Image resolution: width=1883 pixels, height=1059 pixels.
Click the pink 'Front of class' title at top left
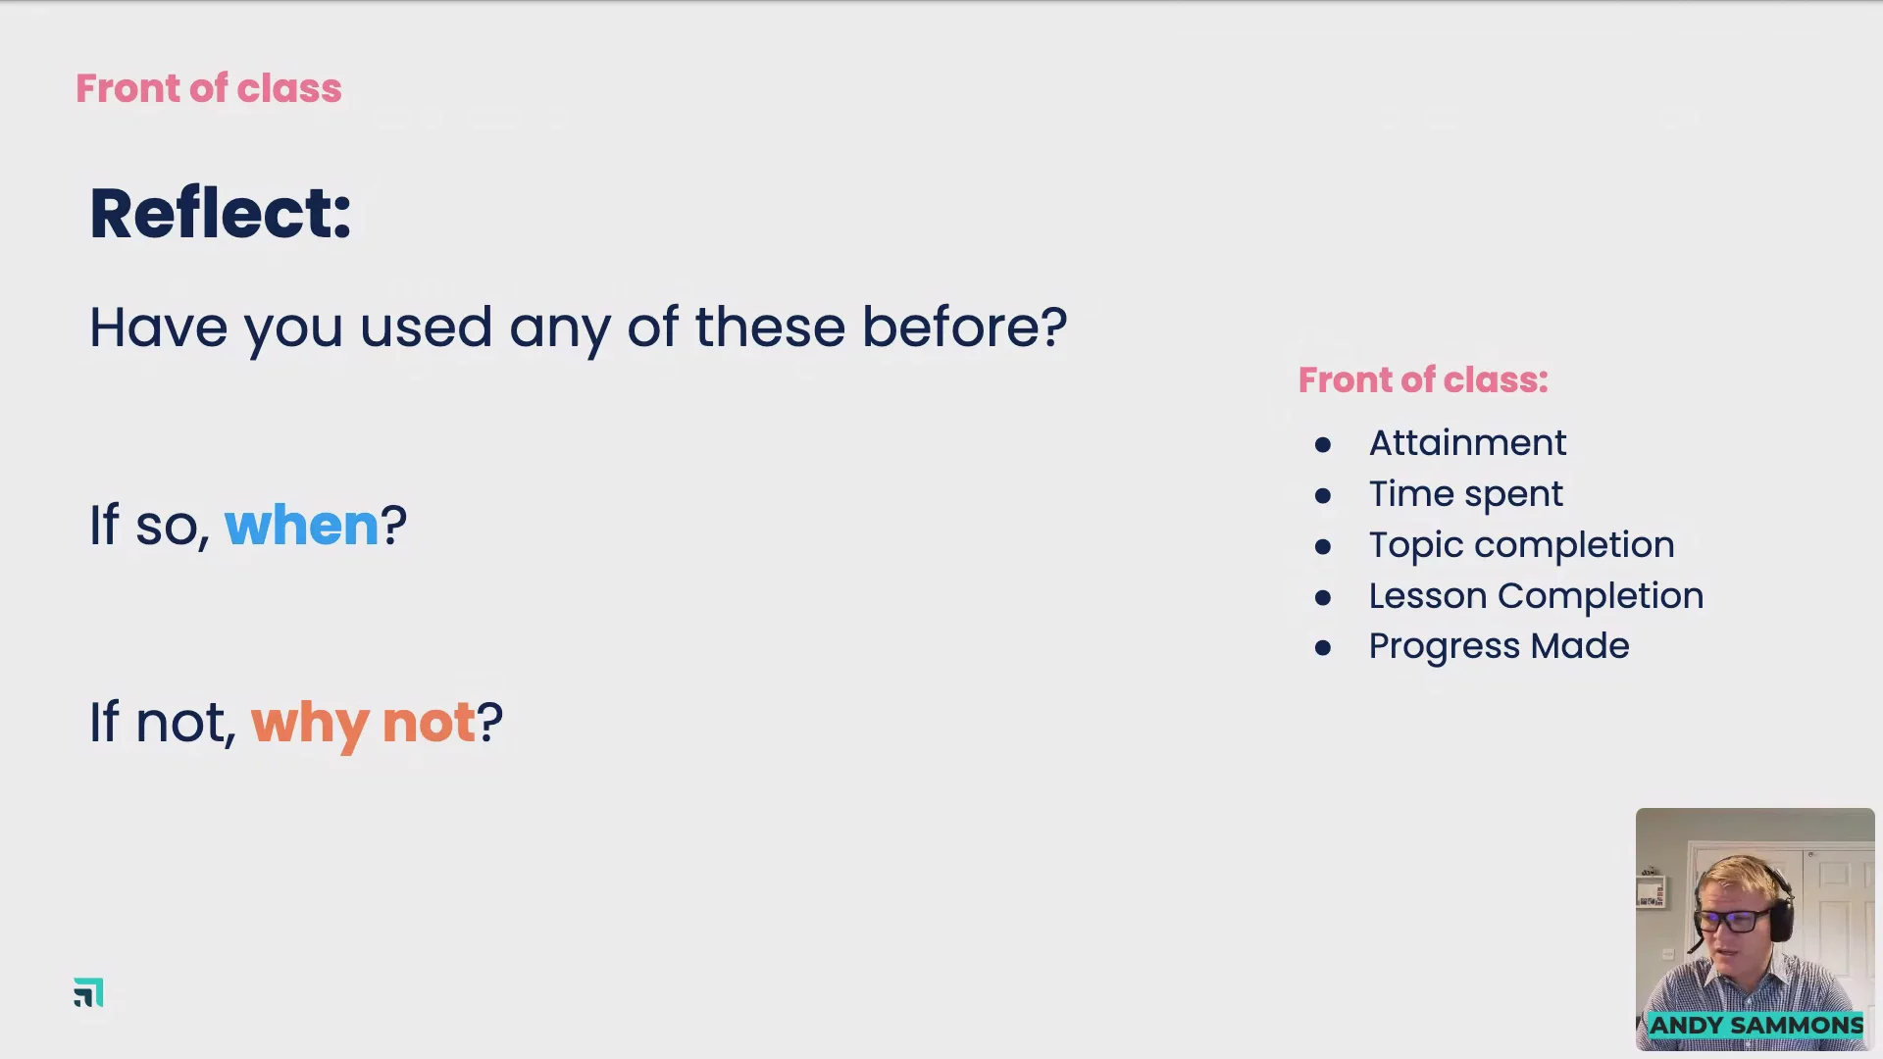point(209,88)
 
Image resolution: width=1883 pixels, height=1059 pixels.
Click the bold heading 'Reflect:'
point(221,213)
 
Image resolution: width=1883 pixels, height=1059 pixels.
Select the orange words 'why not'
point(363,725)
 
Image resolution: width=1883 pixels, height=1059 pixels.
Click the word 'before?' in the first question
point(964,327)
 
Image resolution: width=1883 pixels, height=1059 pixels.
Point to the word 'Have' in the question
point(158,327)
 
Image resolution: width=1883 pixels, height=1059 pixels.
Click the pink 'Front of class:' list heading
point(1423,379)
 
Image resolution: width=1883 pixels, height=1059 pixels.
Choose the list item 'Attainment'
point(1467,442)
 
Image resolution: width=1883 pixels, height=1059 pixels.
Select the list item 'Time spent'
point(1466,494)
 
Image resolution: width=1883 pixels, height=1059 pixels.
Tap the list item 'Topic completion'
point(1521,545)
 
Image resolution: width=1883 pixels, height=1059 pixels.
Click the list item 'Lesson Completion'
point(1536,596)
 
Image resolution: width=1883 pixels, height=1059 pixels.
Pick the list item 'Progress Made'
point(1499,646)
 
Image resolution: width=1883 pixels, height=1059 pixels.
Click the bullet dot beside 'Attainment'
point(1323,445)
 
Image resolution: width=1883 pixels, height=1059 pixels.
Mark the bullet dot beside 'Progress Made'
point(1323,648)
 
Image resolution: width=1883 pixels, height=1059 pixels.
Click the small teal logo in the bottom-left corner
point(88,992)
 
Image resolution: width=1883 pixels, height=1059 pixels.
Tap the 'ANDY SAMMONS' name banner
point(1756,1026)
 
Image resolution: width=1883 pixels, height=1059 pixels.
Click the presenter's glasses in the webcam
point(1732,921)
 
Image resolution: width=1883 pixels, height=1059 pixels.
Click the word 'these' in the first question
point(770,327)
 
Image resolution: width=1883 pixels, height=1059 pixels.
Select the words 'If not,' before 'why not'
point(163,723)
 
